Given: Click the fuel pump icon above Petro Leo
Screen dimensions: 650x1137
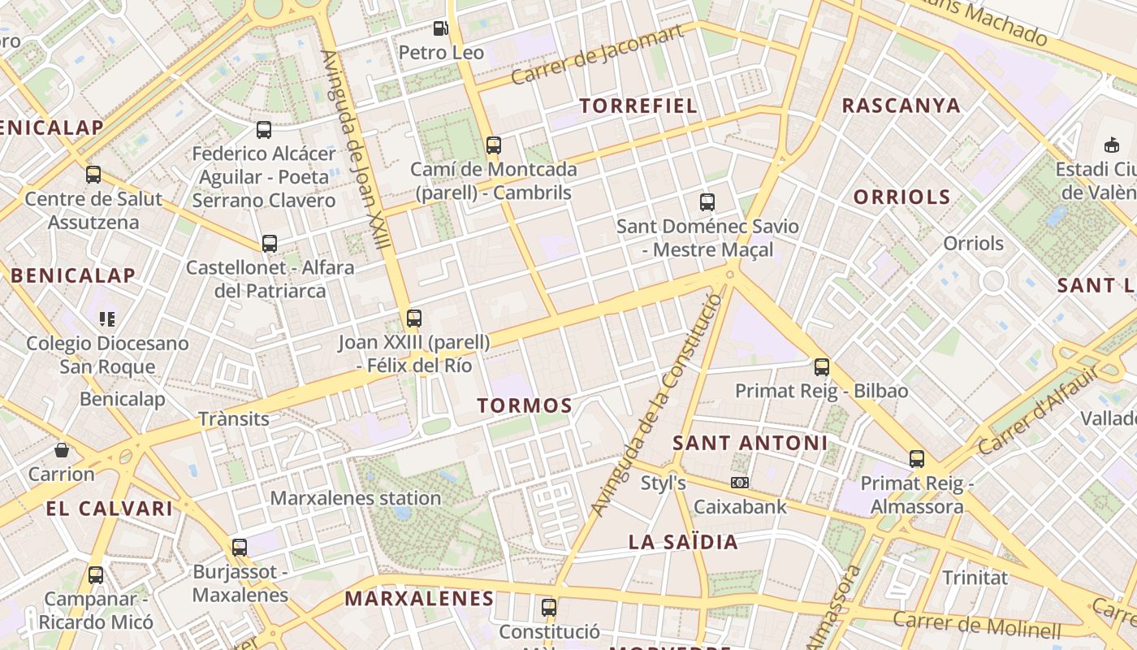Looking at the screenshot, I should tap(440, 28).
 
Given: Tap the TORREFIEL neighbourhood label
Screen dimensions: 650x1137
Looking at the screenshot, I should tap(638, 106).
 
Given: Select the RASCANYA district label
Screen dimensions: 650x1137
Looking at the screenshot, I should tap(901, 106).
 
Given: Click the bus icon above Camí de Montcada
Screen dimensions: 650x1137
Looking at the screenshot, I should tap(493, 145).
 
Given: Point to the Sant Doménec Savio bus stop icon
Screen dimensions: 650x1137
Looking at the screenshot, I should tap(707, 202).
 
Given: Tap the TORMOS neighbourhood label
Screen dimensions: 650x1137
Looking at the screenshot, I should tap(525, 405).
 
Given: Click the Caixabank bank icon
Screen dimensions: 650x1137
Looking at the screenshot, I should tap(739, 483).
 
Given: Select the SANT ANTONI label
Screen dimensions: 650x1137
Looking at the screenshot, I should tap(750, 444).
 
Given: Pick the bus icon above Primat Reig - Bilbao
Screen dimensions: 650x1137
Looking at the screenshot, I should tap(822, 367).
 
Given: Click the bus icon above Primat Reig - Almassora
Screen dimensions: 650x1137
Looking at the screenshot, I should tap(917, 459).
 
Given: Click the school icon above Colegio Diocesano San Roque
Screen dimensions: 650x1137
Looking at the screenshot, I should tap(107, 319).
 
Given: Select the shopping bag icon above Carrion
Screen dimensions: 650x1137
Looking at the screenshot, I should tap(62, 449).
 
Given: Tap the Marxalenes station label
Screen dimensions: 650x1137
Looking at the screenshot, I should tap(356, 498).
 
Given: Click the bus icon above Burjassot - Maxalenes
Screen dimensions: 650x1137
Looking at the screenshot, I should tap(239, 548).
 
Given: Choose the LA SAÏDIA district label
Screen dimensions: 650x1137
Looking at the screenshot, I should tap(683, 543).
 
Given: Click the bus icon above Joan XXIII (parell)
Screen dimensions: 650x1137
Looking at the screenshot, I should tap(414, 318).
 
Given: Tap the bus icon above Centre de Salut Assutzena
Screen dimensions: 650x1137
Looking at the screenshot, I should tap(93, 175).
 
